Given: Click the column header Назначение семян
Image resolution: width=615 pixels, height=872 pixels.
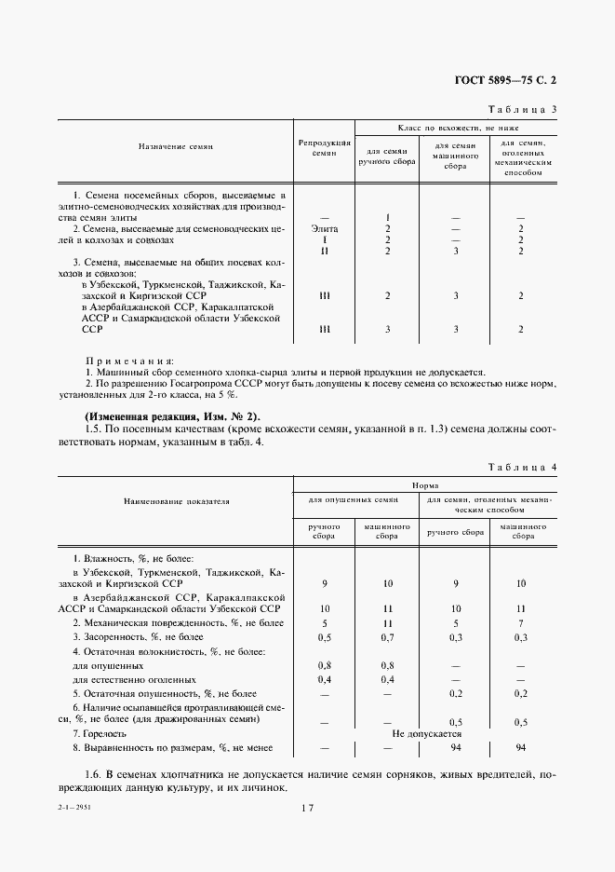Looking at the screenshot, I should [x=176, y=147].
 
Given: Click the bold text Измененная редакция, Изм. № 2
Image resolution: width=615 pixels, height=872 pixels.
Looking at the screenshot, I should [x=173, y=416].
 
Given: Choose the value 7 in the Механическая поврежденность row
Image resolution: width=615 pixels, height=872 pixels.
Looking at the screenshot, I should [x=521, y=623].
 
